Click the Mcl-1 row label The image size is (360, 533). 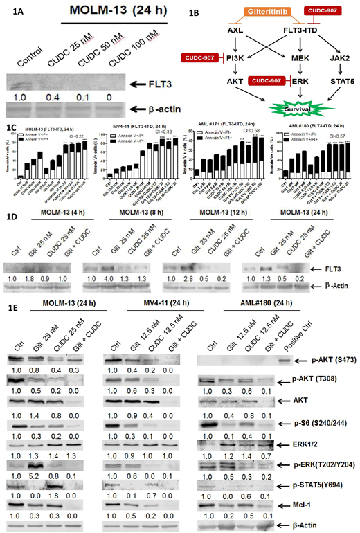pos(320,505)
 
